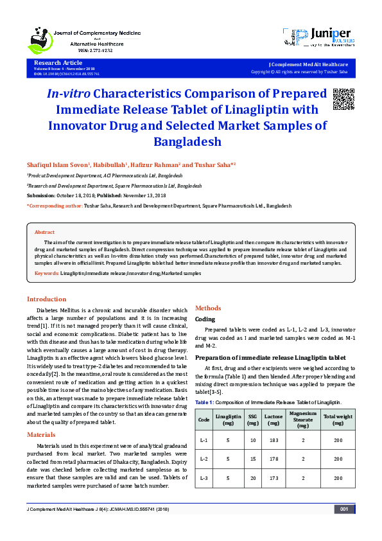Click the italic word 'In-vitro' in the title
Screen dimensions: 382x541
click(x=67, y=94)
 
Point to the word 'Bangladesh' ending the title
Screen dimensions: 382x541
click(x=187, y=141)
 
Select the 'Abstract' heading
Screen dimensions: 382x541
click(x=44, y=232)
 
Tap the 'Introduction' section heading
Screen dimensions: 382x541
click(x=46, y=299)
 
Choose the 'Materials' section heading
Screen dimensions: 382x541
click(x=41, y=435)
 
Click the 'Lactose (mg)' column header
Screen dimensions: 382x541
click(x=273, y=420)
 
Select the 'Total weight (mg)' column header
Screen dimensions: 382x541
click(x=338, y=420)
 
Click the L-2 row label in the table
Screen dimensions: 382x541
click(x=204, y=459)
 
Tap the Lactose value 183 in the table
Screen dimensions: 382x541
click(x=273, y=440)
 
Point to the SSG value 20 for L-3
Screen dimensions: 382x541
click(x=253, y=479)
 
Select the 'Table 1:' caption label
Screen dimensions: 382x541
click(x=205, y=401)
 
